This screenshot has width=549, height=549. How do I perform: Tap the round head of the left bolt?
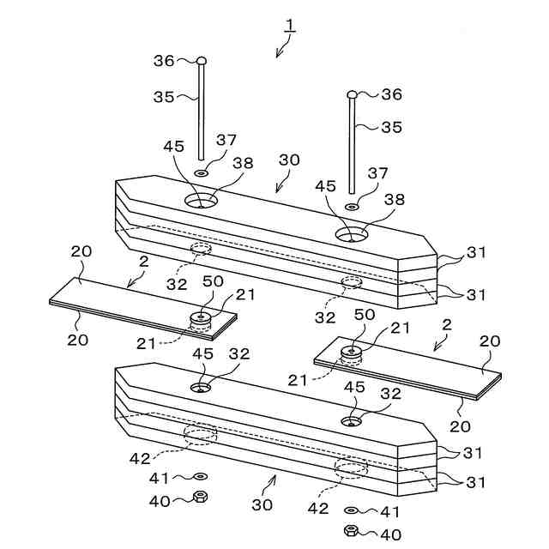(x=202, y=60)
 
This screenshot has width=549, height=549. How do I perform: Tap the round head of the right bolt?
(x=352, y=94)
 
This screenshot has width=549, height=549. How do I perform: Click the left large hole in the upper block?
(x=201, y=202)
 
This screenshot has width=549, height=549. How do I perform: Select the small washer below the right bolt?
(x=352, y=207)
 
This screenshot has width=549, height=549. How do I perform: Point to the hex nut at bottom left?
(x=200, y=496)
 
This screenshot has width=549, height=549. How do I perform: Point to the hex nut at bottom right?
(x=352, y=530)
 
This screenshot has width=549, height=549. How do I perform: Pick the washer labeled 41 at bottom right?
(x=352, y=510)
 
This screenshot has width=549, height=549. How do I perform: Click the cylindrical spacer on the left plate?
(x=202, y=321)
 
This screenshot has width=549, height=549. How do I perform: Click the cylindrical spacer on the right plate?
(x=352, y=353)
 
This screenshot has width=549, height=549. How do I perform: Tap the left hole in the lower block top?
(x=201, y=388)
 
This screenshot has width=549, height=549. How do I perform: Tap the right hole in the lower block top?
(x=352, y=421)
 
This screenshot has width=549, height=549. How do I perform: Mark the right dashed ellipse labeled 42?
(x=351, y=468)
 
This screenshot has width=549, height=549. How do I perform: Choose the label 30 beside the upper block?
(x=290, y=160)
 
